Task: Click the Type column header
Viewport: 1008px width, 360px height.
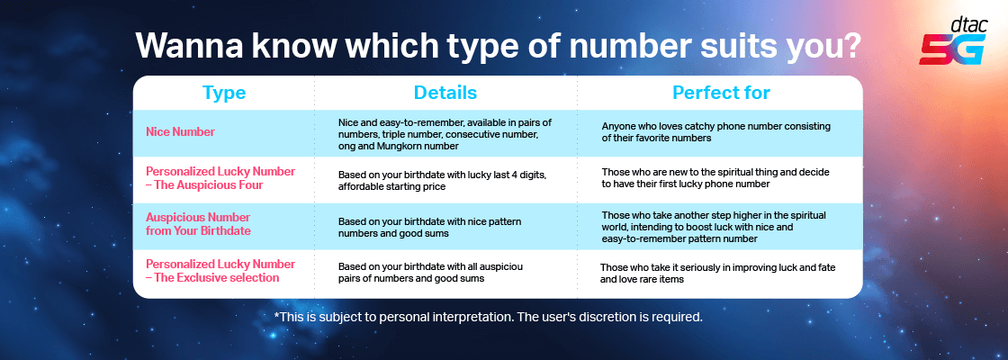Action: [224, 93]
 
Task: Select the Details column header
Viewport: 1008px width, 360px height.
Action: [445, 93]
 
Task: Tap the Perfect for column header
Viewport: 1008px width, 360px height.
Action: [721, 93]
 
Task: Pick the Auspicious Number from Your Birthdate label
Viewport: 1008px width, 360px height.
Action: [198, 224]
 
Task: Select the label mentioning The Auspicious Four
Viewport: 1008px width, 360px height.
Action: [220, 177]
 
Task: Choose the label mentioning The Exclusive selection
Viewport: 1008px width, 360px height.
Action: [220, 271]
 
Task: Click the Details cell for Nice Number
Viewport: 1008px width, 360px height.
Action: [445, 133]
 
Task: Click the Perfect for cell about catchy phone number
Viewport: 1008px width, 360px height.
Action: [704, 132]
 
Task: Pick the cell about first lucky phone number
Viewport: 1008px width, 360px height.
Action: [715, 177]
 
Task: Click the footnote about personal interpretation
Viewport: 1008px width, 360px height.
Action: [488, 317]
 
